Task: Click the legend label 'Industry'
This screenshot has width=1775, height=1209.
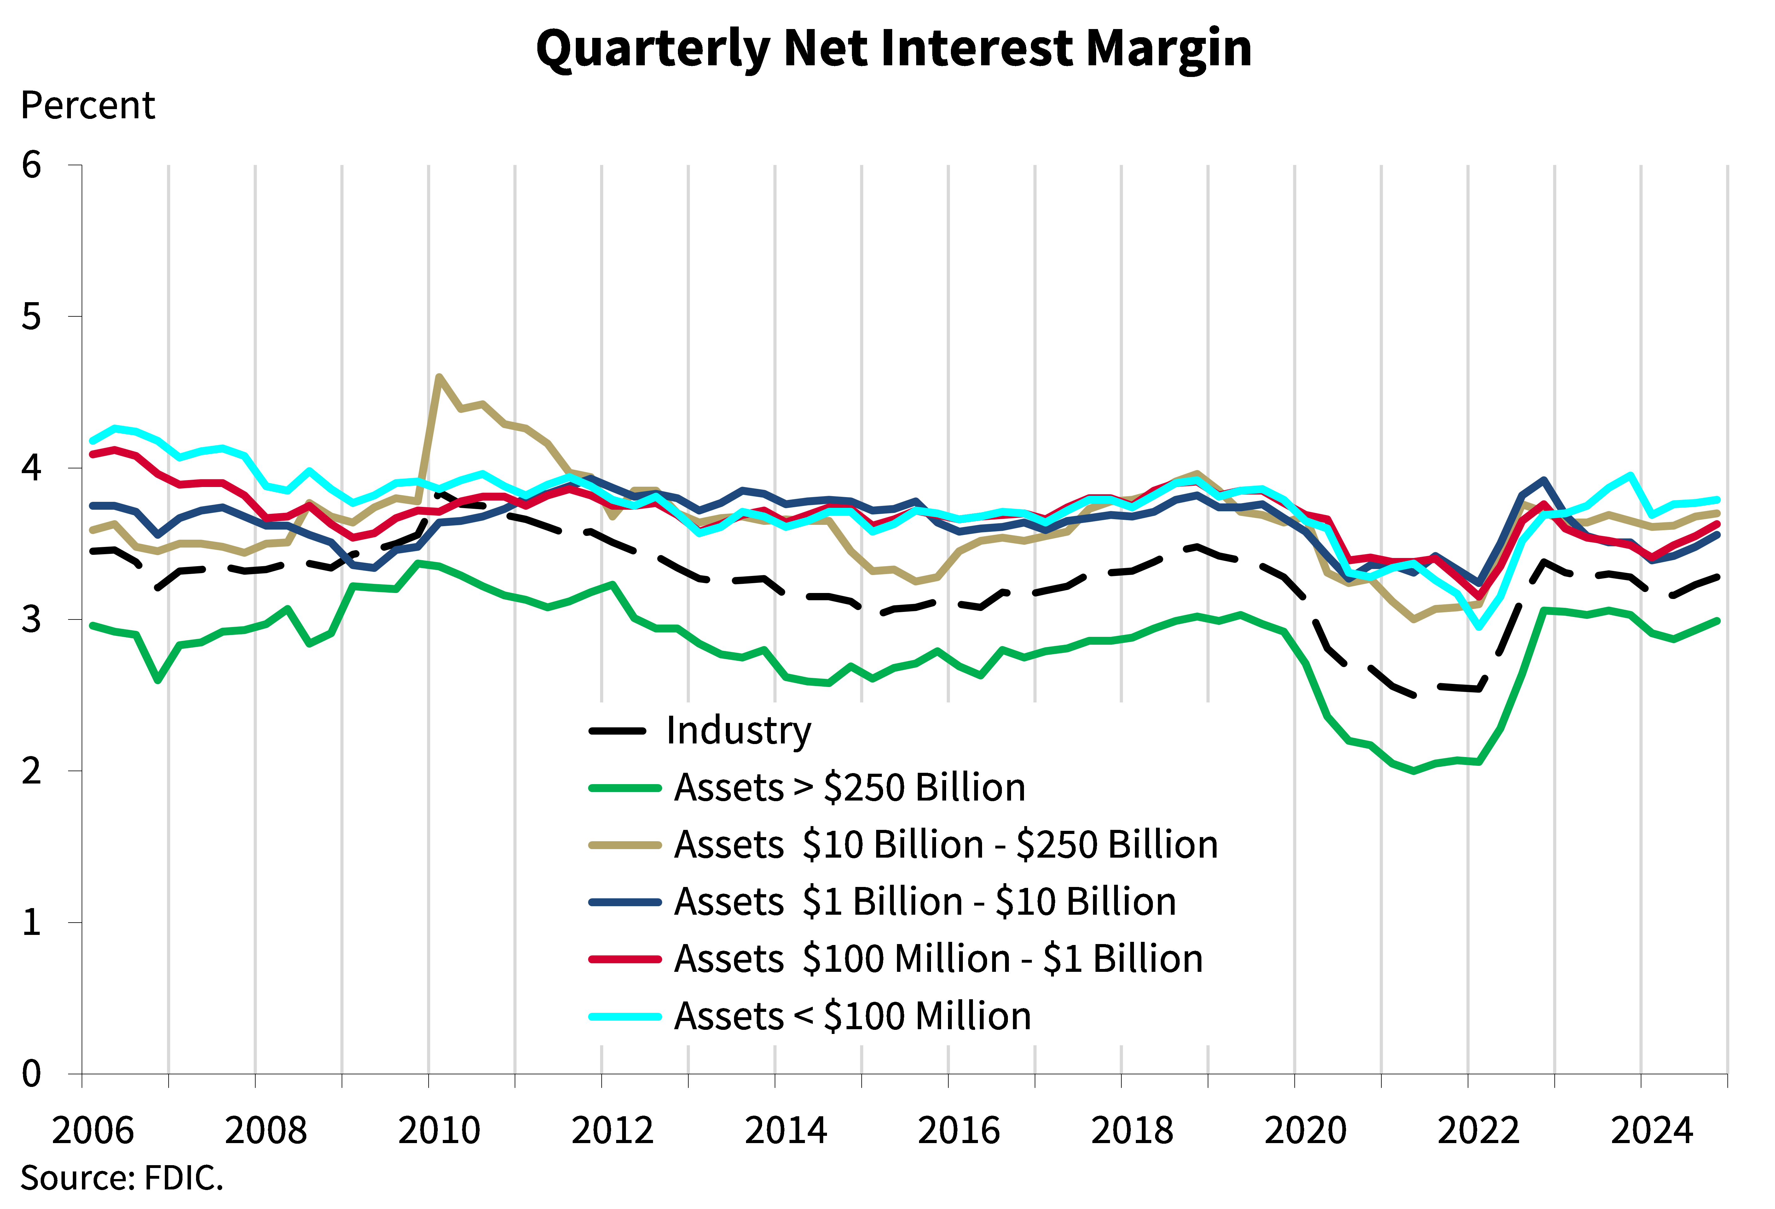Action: [x=738, y=731]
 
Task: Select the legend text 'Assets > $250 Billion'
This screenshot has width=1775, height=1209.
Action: [x=849, y=788]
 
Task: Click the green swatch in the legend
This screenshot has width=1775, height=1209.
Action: [x=624, y=788]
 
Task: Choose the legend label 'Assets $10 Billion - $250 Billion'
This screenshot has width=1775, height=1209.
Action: [x=945, y=845]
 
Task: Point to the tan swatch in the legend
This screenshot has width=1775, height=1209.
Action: [x=624, y=845]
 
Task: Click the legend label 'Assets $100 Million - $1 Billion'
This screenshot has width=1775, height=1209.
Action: [x=938, y=959]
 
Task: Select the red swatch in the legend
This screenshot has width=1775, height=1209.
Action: [x=624, y=959]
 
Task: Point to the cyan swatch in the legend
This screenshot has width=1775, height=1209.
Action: [x=624, y=1016]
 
